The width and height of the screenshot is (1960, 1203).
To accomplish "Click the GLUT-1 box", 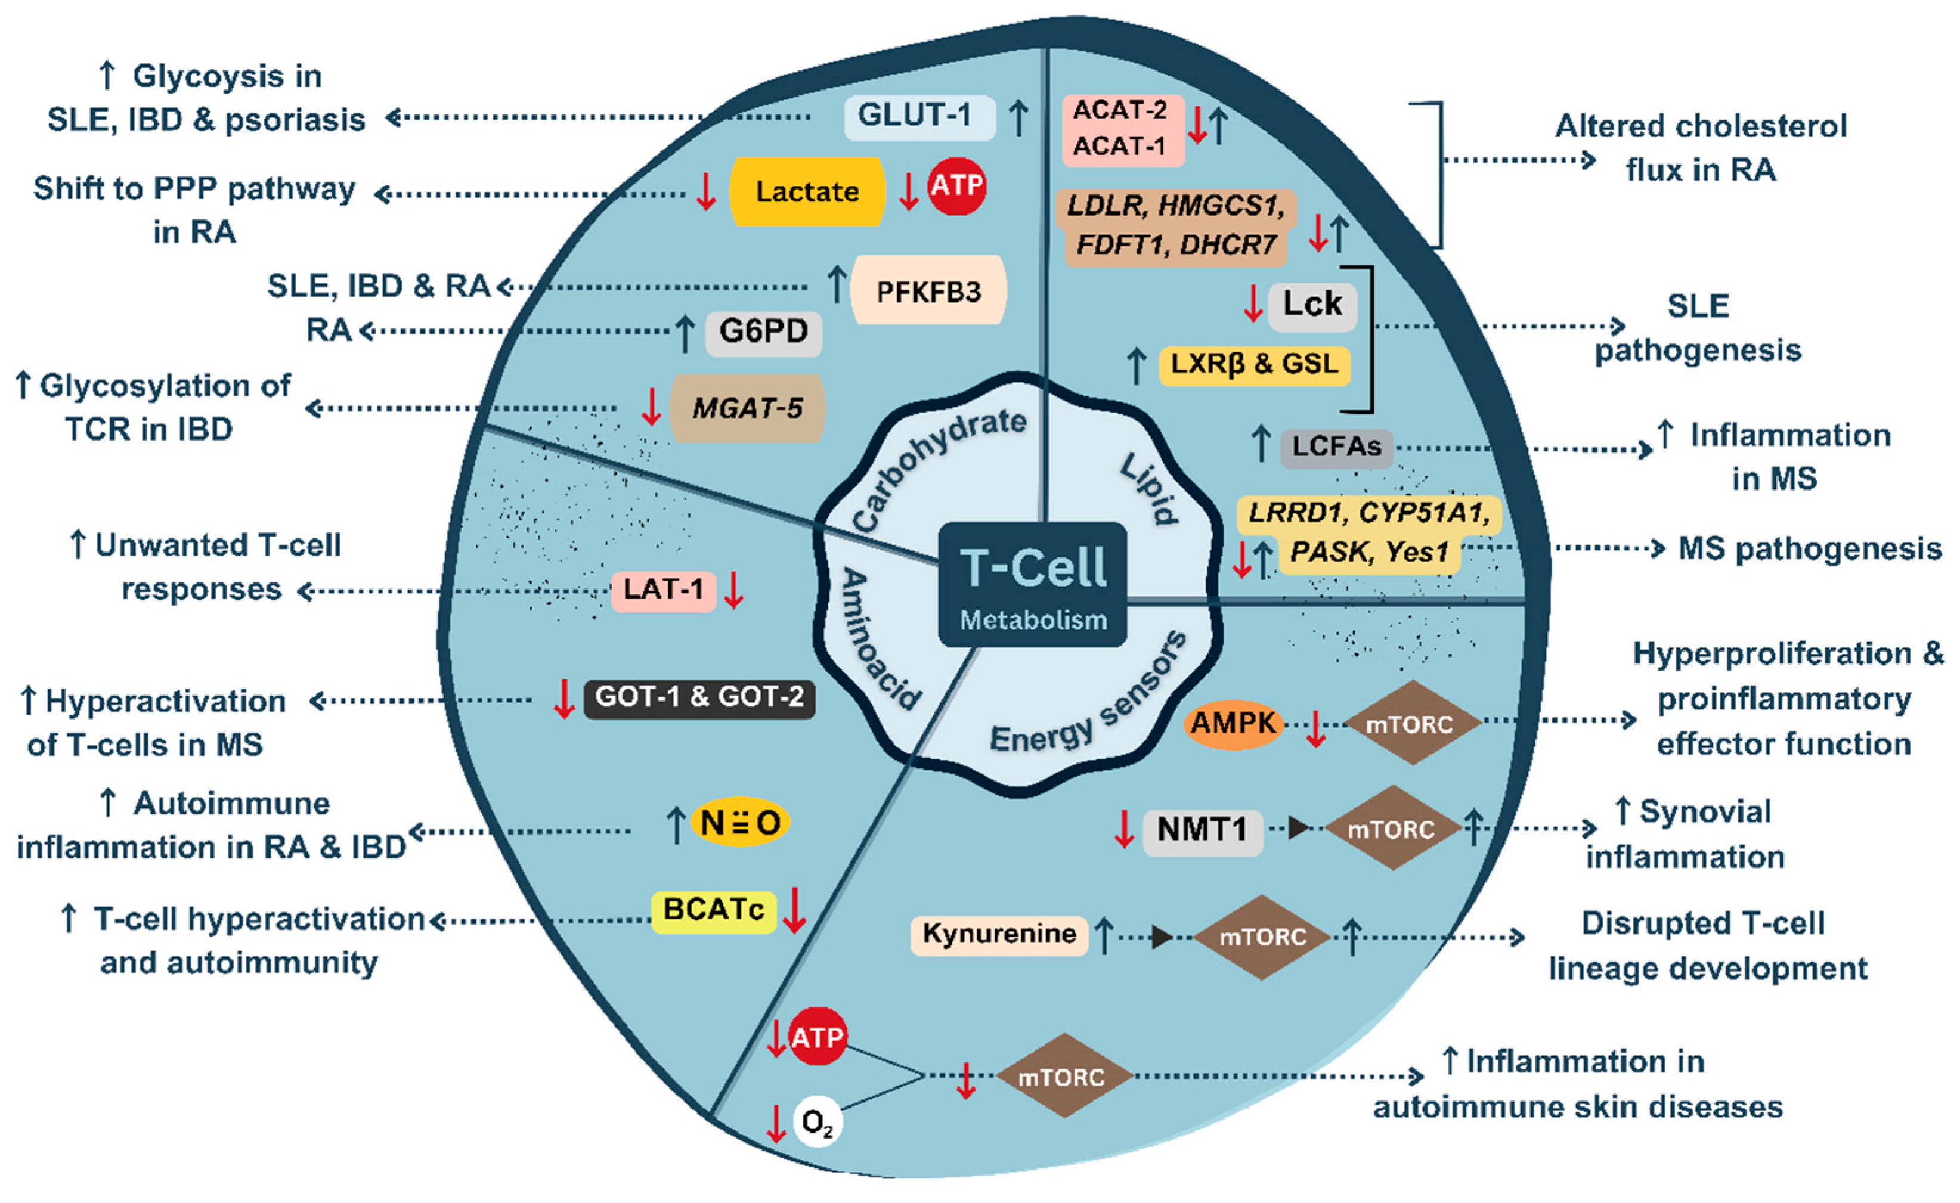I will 918,116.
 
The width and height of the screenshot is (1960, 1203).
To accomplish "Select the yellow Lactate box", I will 806,192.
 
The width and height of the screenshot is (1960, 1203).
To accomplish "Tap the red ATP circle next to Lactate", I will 956,185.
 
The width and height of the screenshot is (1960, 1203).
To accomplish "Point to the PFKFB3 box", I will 928,291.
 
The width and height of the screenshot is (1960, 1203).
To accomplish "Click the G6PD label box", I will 763,331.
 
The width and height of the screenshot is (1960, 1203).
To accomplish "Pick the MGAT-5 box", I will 747,408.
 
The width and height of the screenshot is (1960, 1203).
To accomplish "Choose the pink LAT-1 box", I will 663,590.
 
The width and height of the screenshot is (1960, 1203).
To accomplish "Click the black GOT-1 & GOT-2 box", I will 699,697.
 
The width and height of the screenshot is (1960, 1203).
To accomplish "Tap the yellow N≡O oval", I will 739,823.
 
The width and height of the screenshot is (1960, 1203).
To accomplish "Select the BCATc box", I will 713,910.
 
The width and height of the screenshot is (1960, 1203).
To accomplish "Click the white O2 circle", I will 818,1122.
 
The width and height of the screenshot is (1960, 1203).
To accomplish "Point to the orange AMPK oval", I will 1233,723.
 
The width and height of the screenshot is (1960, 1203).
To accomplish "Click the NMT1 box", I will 1202,830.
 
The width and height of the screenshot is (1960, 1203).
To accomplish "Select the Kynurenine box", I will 999,934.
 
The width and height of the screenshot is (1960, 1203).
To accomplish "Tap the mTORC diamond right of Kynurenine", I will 1262,937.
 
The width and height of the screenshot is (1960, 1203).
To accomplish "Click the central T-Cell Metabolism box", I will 1032,583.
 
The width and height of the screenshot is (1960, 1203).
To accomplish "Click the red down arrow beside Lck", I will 1253,303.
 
